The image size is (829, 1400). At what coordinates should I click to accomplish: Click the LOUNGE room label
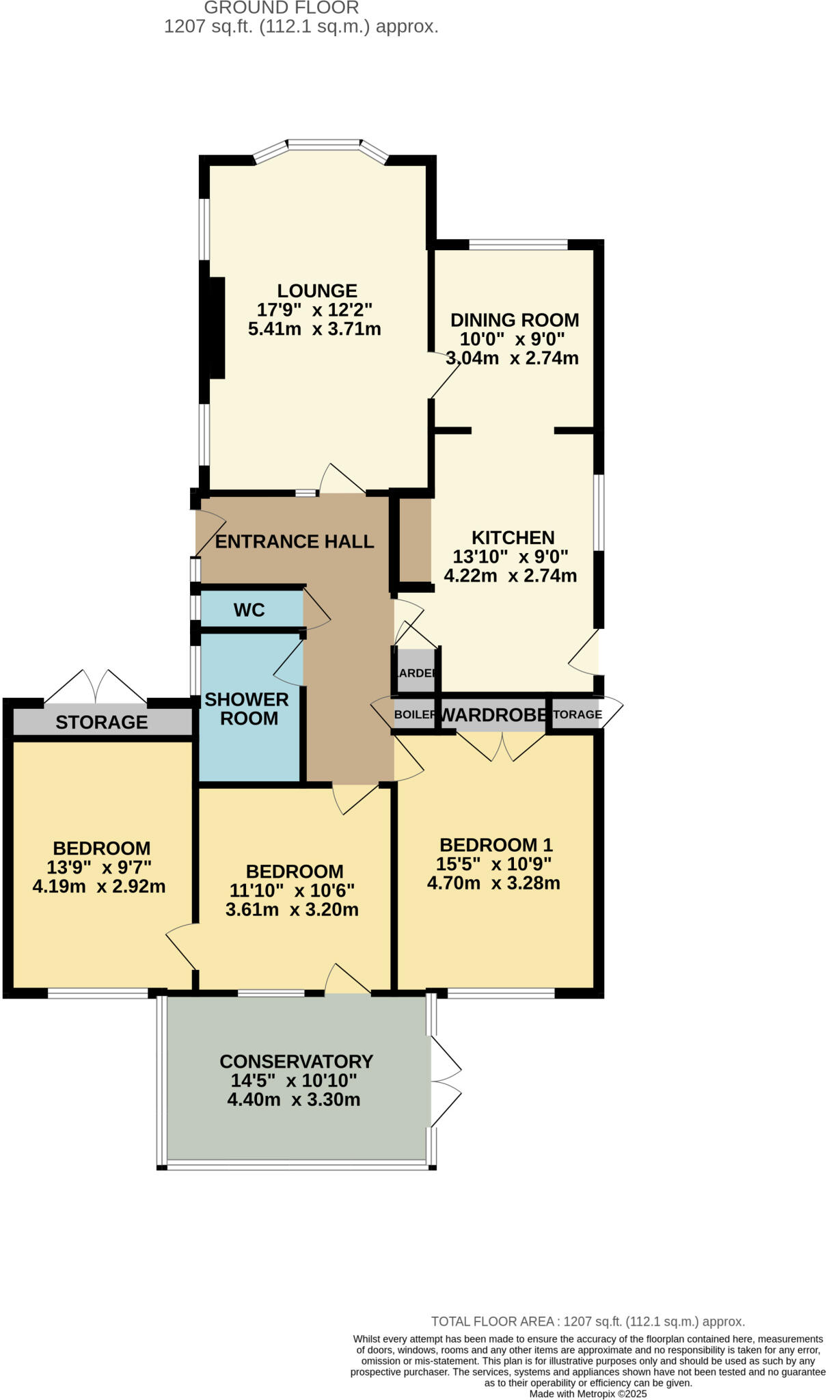tap(316, 291)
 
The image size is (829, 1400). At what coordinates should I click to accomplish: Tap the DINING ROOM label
tap(514, 320)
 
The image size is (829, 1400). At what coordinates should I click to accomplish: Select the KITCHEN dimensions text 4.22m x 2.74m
tap(510, 576)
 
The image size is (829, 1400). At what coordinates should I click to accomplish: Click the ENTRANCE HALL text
tap(295, 541)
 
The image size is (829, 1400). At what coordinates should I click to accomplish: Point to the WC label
tap(249, 610)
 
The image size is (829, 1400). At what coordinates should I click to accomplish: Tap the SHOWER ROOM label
tap(246, 709)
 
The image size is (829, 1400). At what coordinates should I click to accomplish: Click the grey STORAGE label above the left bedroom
tap(101, 722)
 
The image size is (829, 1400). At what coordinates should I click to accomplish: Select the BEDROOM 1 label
tap(495, 845)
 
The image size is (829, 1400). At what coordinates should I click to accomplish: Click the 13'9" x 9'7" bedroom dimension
tap(99, 867)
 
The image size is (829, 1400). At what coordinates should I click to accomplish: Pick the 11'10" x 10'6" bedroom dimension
tap(293, 891)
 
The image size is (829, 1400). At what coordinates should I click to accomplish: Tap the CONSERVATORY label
tap(296, 1062)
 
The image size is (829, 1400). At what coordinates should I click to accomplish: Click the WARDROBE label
tap(493, 715)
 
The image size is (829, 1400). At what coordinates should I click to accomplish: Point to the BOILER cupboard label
tap(415, 715)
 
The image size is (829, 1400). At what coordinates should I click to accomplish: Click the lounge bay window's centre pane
tap(323, 145)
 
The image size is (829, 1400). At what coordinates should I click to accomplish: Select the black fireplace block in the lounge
tap(217, 327)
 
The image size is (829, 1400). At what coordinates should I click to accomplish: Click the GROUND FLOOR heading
tap(281, 8)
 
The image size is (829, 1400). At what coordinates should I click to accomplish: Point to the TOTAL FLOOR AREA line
tap(588, 1321)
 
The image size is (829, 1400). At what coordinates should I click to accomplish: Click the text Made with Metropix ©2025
tap(588, 1394)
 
